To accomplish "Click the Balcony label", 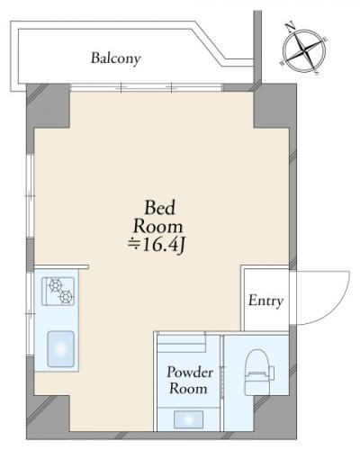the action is pyautogui.click(x=116, y=58).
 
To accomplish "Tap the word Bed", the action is pyautogui.click(x=159, y=208).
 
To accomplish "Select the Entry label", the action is pyautogui.click(x=265, y=301).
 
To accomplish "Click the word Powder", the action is pyautogui.click(x=190, y=373).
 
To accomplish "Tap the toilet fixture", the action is pyautogui.click(x=257, y=372).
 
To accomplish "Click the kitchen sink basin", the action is pyautogui.click(x=61, y=349).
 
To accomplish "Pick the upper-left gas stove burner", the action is pyautogui.click(x=56, y=285).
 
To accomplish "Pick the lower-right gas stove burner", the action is pyautogui.click(x=66, y=297).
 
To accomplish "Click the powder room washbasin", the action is pyautogui.click(x=188, y=419).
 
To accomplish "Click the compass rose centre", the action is pyautogui.click(x=304, y=50).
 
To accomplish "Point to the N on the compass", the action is pyautogui.click(x=290, y=28).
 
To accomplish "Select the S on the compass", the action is pyautogui.click(x=317, y=72).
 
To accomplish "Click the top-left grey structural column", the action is pyautogui.click(x=48, y=106).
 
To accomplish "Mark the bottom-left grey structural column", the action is pyautogui.click(x=48, y=417).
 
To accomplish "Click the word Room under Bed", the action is pyautogui.click(x=158, y=227).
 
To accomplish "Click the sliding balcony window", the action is pyautogui.click(x=147, y=87).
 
